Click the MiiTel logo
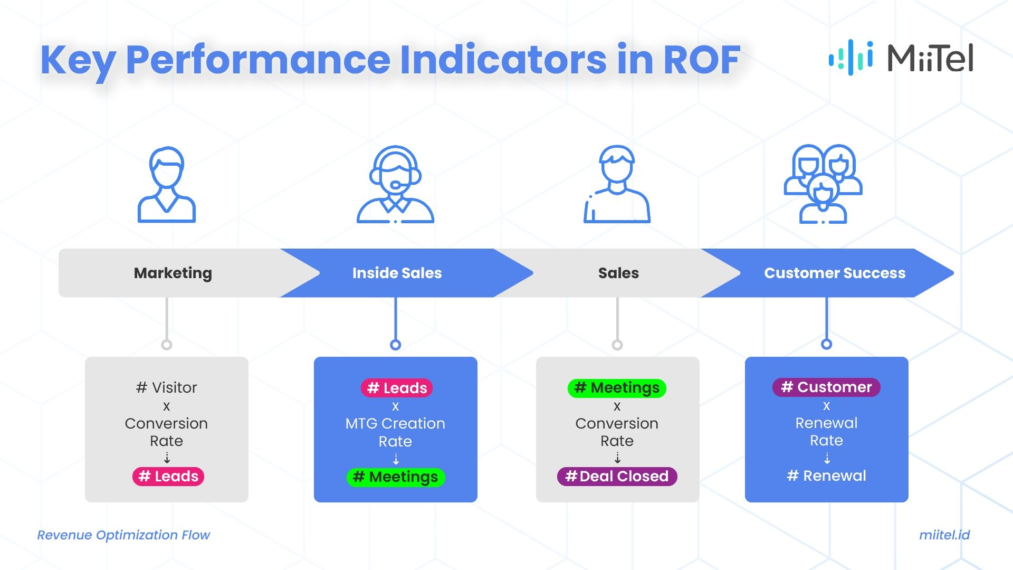tap(901, 58)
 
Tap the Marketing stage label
tap(173, 273)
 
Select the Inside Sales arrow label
tap(397, 273)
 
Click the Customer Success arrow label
tap(834, 273)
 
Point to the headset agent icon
tap(395, 184)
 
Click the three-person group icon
tap(823, 184)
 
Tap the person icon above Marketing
tap(167, 184)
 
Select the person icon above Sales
tap(617, 184)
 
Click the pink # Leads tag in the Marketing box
tap(168, 476)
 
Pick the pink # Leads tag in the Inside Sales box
tap(397, 388)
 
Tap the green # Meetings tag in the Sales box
tap(617, 388)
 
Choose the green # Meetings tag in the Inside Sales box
tap(396, 477)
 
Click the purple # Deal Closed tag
tap(617, 476)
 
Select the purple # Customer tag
tap(826, 387)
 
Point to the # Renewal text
tap(826, 476)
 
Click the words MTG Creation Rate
tap(395, 432)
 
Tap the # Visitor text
tap(167, 387)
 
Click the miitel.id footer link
tap(944, 535)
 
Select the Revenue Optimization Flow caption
tap(123, 535)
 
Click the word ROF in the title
tap(702, 59)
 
